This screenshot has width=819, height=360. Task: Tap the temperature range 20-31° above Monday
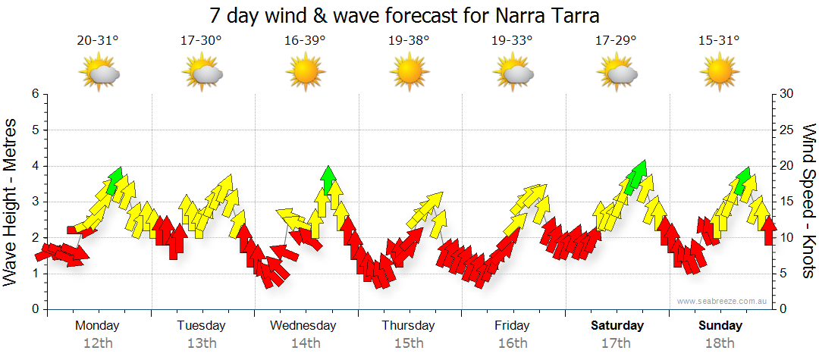pyautogui.click(x=98, y=41)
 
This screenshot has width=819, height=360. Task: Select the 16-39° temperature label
pyautogui.click(x=305, y=41)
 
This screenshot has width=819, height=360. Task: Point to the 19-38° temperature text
pyautogui.click(x=409, y=41)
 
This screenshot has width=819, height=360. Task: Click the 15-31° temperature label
pyautogui.click(x=719, y=41)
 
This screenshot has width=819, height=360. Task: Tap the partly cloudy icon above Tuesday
pyautogui.click(x=202, y=74)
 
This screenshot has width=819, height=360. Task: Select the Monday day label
pyautogui.click(x=97, y=325)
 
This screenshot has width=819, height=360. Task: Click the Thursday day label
pyautogui.click(x=408, y=325)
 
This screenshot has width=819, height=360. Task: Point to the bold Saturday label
pyautogui.click(x=617, y=325)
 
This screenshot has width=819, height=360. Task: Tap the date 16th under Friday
pyautogui.click(x=513, y=343)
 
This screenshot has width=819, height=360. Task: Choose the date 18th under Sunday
pyautogui.click(x=720, y=343)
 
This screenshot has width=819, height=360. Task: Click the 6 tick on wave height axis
pyautogui.click(x=34, y=94)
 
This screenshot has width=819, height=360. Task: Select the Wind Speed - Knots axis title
pyautogui.click(x=808, y=201)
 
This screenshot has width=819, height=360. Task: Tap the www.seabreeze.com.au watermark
pyautogui.click(x=723, y=301)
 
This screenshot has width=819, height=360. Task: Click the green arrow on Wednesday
pyautogui.click(x=328, y=179)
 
